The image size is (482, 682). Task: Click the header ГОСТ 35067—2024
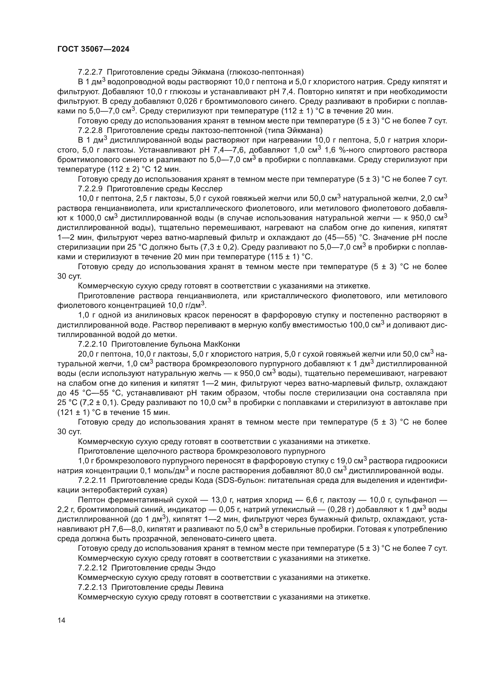93,49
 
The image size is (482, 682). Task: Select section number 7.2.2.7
90,72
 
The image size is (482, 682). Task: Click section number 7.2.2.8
90,130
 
